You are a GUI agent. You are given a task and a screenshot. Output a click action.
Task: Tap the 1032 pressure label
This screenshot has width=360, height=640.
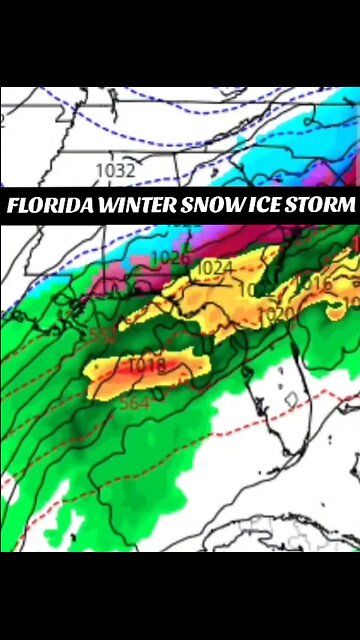pyautogui.click(x=115, y=171)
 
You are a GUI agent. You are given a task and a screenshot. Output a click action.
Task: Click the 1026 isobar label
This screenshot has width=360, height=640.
pyautogui.click(x=168, y=258)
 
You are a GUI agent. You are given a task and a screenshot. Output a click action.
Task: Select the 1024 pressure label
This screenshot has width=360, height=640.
pyautogui.click(x=213, y=268)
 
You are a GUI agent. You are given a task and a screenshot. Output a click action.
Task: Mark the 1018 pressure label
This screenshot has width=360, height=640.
pyautogui.click(x=146, y=366)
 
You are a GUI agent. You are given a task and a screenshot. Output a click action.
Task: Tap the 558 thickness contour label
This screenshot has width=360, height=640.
pyautogui.click(x=102, y=334)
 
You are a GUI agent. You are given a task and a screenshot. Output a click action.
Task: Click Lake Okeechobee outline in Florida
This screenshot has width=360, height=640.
pyautogui.click(x=292, y=400)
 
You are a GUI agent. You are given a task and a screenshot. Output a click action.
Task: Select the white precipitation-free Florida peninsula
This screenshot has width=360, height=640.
pyautogui.click(x=280, y=420)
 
